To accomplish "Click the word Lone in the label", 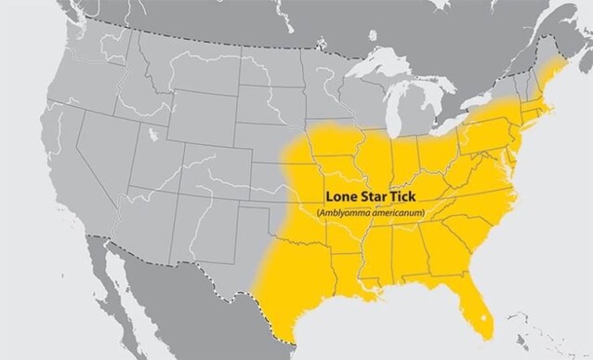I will pyautogui.click(x=340, y=199).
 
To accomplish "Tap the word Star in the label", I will pyautogui.click(x=375, y=199).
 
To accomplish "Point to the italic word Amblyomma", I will pyautogui.click(x=347, y=214).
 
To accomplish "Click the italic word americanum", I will pyautogui.click(x=397, y=214).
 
